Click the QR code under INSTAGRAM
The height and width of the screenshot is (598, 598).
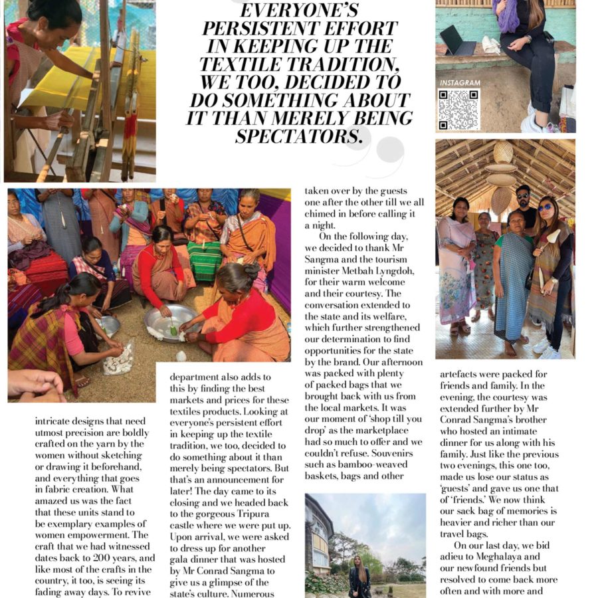(x=458, y=109)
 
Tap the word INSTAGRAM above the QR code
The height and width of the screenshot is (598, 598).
(x=458, y=83)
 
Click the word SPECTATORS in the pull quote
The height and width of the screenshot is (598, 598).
(x=301, y=136)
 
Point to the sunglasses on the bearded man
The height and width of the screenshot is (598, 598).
(x=524, y=198)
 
